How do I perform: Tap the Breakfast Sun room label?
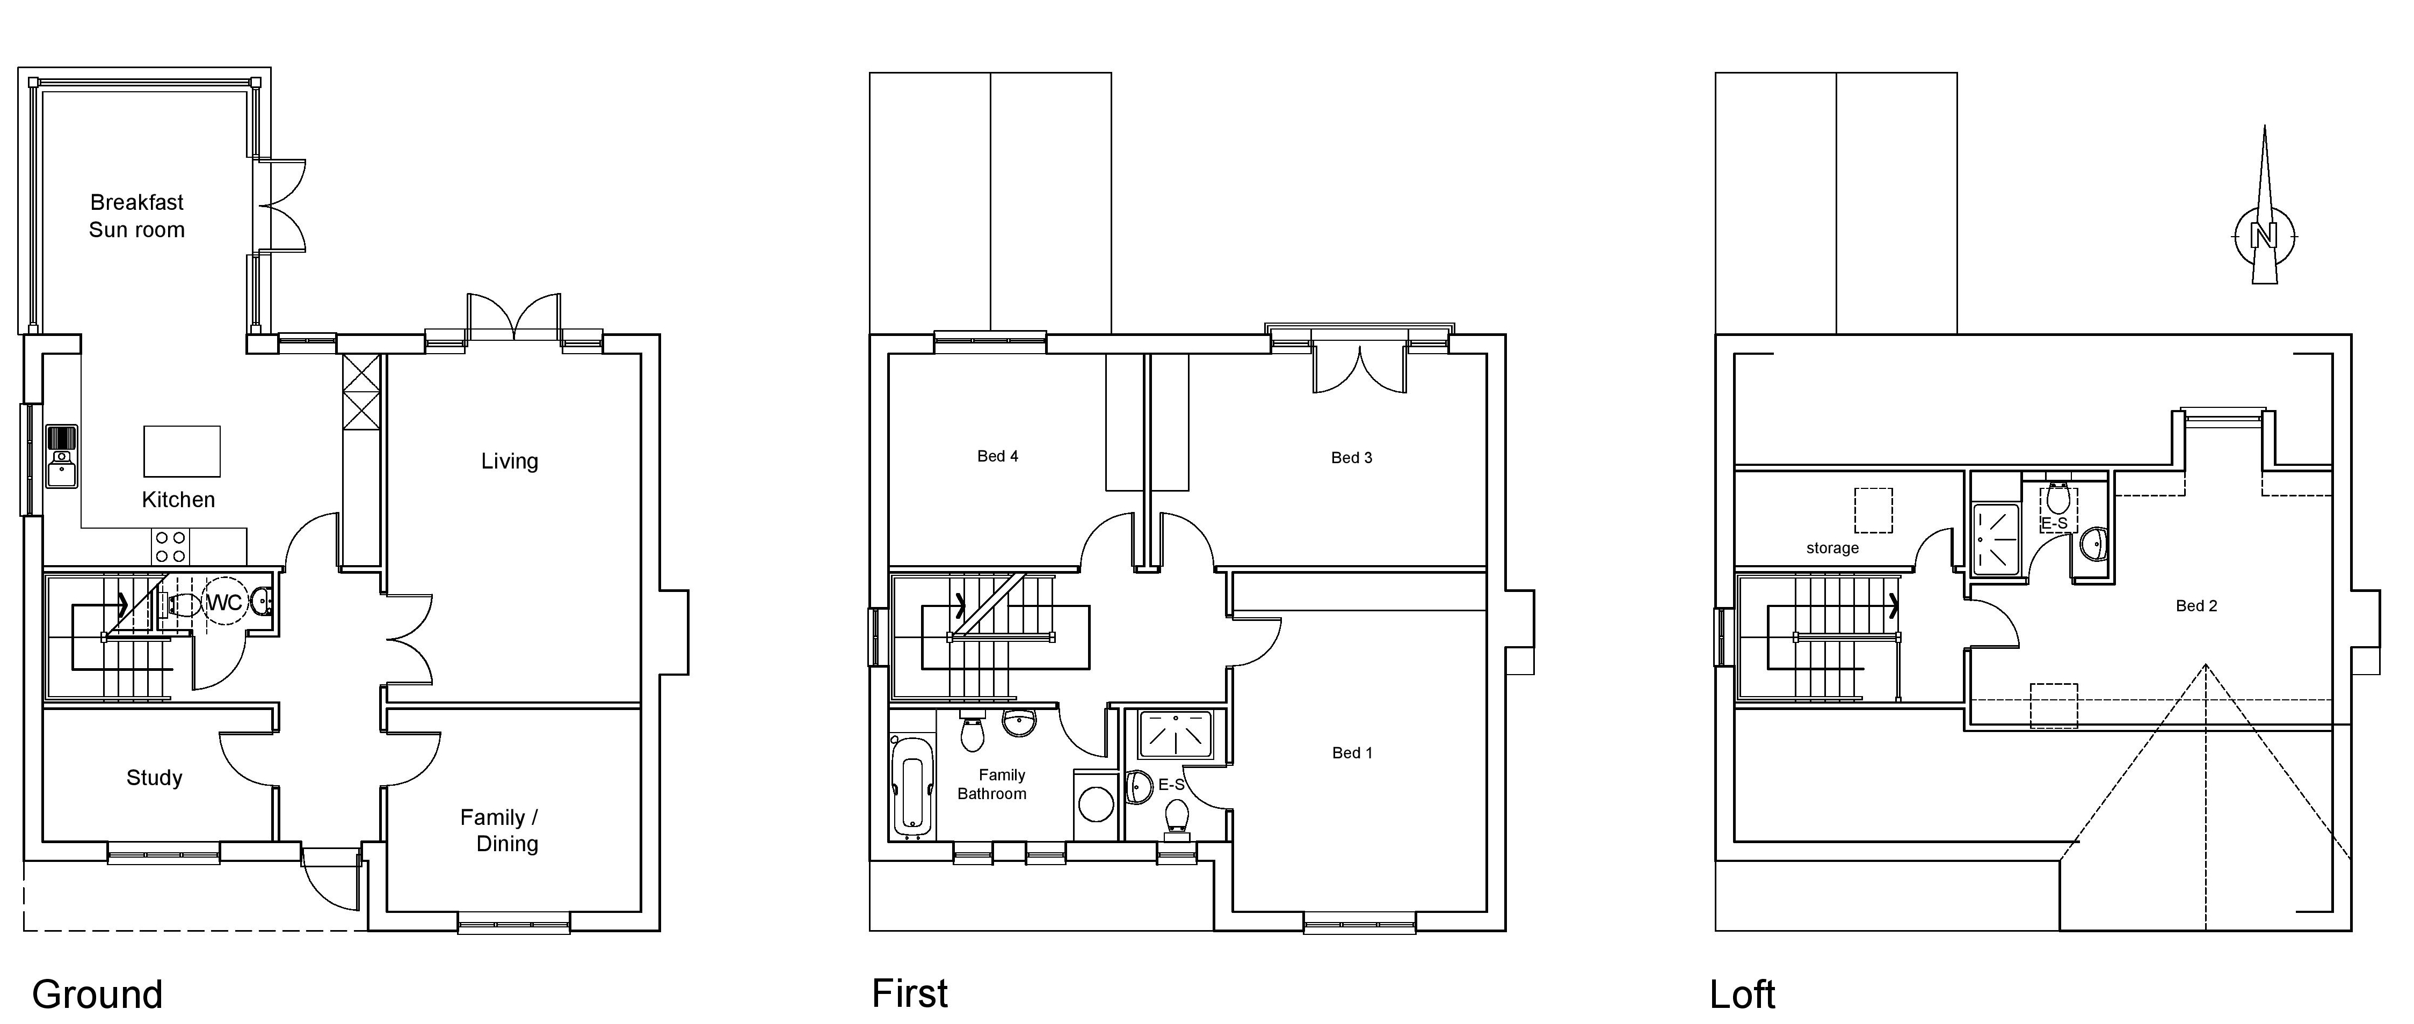(137, 216)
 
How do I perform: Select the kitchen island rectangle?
(182, 451)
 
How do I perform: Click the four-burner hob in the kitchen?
(171, 546)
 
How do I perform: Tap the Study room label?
(155, 778)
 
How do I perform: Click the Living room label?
(510, 461)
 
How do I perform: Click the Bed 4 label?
(997, 456)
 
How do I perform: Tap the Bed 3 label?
(1351, 457)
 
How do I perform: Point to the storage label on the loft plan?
(1832, 548)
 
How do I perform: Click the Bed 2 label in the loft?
(2195, 606)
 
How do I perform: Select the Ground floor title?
(97, 994)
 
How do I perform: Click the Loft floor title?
(1742, 994)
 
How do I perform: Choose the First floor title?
(910, 993)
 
